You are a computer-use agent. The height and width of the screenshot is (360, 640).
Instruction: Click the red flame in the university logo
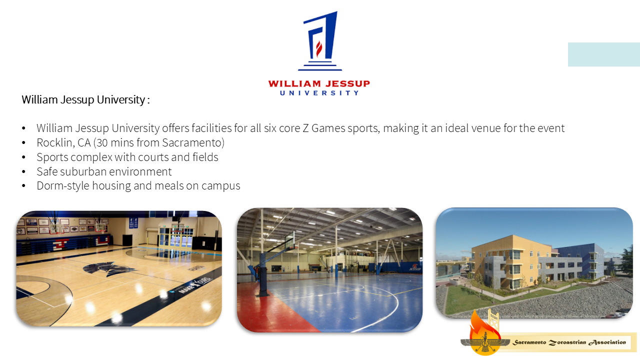(x=319, y=49)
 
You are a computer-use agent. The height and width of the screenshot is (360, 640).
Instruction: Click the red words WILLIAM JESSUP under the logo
(x=319, y=83)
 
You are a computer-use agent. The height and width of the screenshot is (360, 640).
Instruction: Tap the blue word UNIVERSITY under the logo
(x=319, y=93)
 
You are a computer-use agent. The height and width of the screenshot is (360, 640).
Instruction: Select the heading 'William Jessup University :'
(x=85, y=99)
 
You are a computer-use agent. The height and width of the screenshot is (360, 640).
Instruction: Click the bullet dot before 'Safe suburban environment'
(x=23, y=171)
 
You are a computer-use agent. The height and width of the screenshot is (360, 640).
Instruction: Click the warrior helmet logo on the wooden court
(x=108, y=269)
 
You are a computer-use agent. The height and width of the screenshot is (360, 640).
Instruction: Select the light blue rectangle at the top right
(x=603, y=54)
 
